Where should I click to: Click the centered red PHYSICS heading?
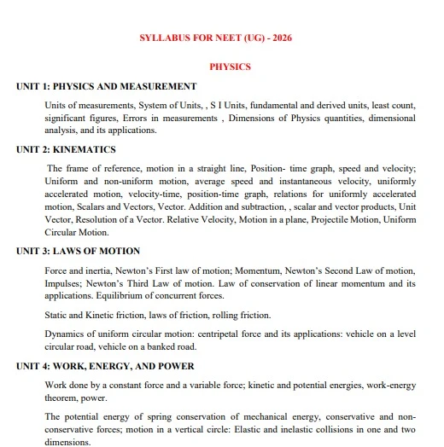pos(230,66)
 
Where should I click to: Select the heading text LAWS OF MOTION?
pos(102,251)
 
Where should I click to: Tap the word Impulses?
pos(64,283)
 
